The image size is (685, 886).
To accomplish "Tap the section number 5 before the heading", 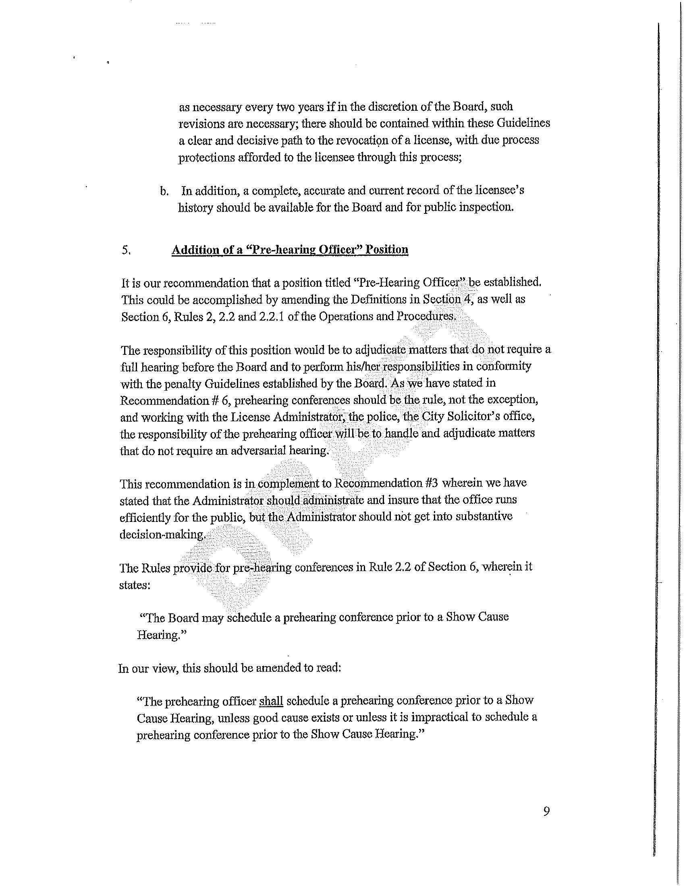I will tap(126, 250).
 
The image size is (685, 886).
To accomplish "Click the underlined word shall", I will tap(271, 701).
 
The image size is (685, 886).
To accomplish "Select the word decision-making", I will tap(163, 534).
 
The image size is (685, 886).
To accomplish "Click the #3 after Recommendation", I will tap(432, 483).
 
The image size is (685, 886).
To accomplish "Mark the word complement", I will tap(290, 484).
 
